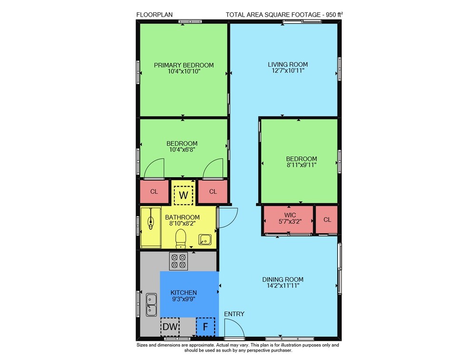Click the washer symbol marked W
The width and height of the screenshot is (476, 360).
pyautogui.click(x=183, y=195)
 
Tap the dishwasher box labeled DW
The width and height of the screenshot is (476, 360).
pyautogui.click(x=170, y=327)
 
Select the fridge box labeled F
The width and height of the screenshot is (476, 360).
pyautogui.click(x=206, y=327)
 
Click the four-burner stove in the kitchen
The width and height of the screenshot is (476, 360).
pyautogui.click(x=178, y=261)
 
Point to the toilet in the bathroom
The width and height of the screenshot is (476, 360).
pyautogui.click(x=180, y=238)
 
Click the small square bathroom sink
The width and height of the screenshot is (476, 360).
pyautogui.click(x=205, y=240)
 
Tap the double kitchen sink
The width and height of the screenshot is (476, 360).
pyautogui.click(x=151, y=305)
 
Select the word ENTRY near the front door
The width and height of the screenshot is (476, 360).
pyautogui.click(x=234, y=314)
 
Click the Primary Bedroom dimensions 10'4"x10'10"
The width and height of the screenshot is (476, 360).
pyautogui.click(x=184, y=71)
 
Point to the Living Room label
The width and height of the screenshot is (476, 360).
pyautogui.click(x=288, y=64)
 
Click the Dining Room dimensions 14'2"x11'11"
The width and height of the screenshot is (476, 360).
pyautogui.click(x=283, y=286)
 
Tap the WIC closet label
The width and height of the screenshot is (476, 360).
pyautogui.click(x=290, y=215)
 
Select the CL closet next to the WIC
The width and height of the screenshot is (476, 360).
pyautogui.click(x=327, y=220)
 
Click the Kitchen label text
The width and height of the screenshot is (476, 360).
pyautogui.click(x=184, y=292)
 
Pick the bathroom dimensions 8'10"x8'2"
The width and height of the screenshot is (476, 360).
pyautogui.click(x=182, y=223)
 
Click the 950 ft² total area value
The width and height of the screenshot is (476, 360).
pyautogui.click(x=334, y=14)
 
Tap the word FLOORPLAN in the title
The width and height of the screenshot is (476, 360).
pyautogui.click(x=154, y=15)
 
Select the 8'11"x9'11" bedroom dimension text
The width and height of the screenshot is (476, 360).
pyautogui.click(x=301, y=165)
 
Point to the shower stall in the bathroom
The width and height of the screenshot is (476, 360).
pyautogui.click(x=151, y=228)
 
